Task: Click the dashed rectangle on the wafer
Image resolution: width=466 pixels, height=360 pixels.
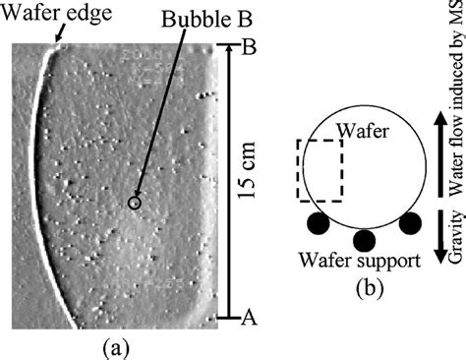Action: (x=321, y=169)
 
